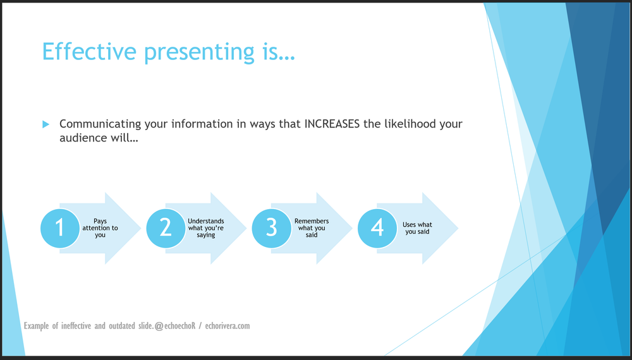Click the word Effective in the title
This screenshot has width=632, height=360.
(x=89, y=52)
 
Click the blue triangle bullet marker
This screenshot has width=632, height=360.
(x=46, y=124)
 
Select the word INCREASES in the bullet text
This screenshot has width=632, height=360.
(x=332, y=124)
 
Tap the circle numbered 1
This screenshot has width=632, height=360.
(x=60, y=228)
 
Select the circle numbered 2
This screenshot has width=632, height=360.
(x=166, y=228)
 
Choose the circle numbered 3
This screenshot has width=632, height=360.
(x=272, y=228)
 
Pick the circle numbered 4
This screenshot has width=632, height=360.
(x=377, y=228)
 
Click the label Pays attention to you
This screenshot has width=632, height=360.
(x=100, y=228)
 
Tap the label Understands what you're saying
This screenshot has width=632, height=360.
(x=206, y=228)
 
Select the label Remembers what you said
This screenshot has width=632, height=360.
(x=312, y=228)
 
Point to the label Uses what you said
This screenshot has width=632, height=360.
(x=417, y=228)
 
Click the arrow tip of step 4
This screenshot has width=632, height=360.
(x=458, y=229)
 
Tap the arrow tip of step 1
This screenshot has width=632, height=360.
(x=141, y=229)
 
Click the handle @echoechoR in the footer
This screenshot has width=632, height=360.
(x=175, y=326)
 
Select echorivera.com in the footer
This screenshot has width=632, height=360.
(x=228, y=326)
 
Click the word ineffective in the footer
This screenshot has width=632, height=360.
(x=76, y=325)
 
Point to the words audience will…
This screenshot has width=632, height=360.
(x=99, y=138)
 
